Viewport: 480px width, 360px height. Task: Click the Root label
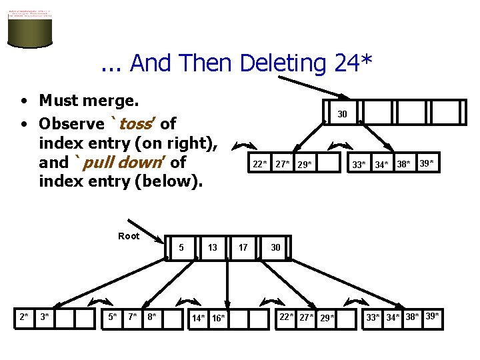129,236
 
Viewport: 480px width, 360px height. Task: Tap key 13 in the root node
212,247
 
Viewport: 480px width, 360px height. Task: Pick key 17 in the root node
243,247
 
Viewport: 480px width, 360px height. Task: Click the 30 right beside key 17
275,247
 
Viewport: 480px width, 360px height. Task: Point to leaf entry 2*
24,317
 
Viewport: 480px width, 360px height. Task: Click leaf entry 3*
44,317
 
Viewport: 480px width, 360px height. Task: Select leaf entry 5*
113,317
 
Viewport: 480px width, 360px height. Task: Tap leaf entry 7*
133,317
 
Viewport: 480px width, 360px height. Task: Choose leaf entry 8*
153,317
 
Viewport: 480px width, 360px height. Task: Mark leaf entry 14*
199,318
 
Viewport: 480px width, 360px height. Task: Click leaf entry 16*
218,318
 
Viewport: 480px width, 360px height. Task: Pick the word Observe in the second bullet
72,124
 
